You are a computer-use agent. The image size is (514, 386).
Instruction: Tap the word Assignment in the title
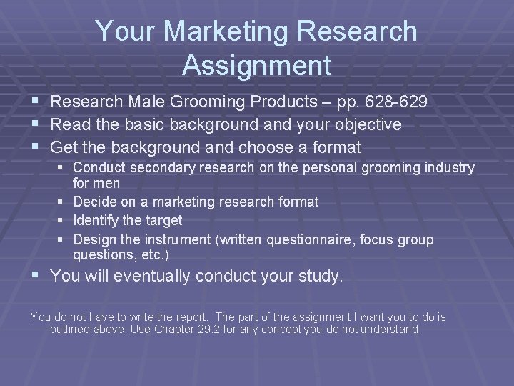256,65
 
